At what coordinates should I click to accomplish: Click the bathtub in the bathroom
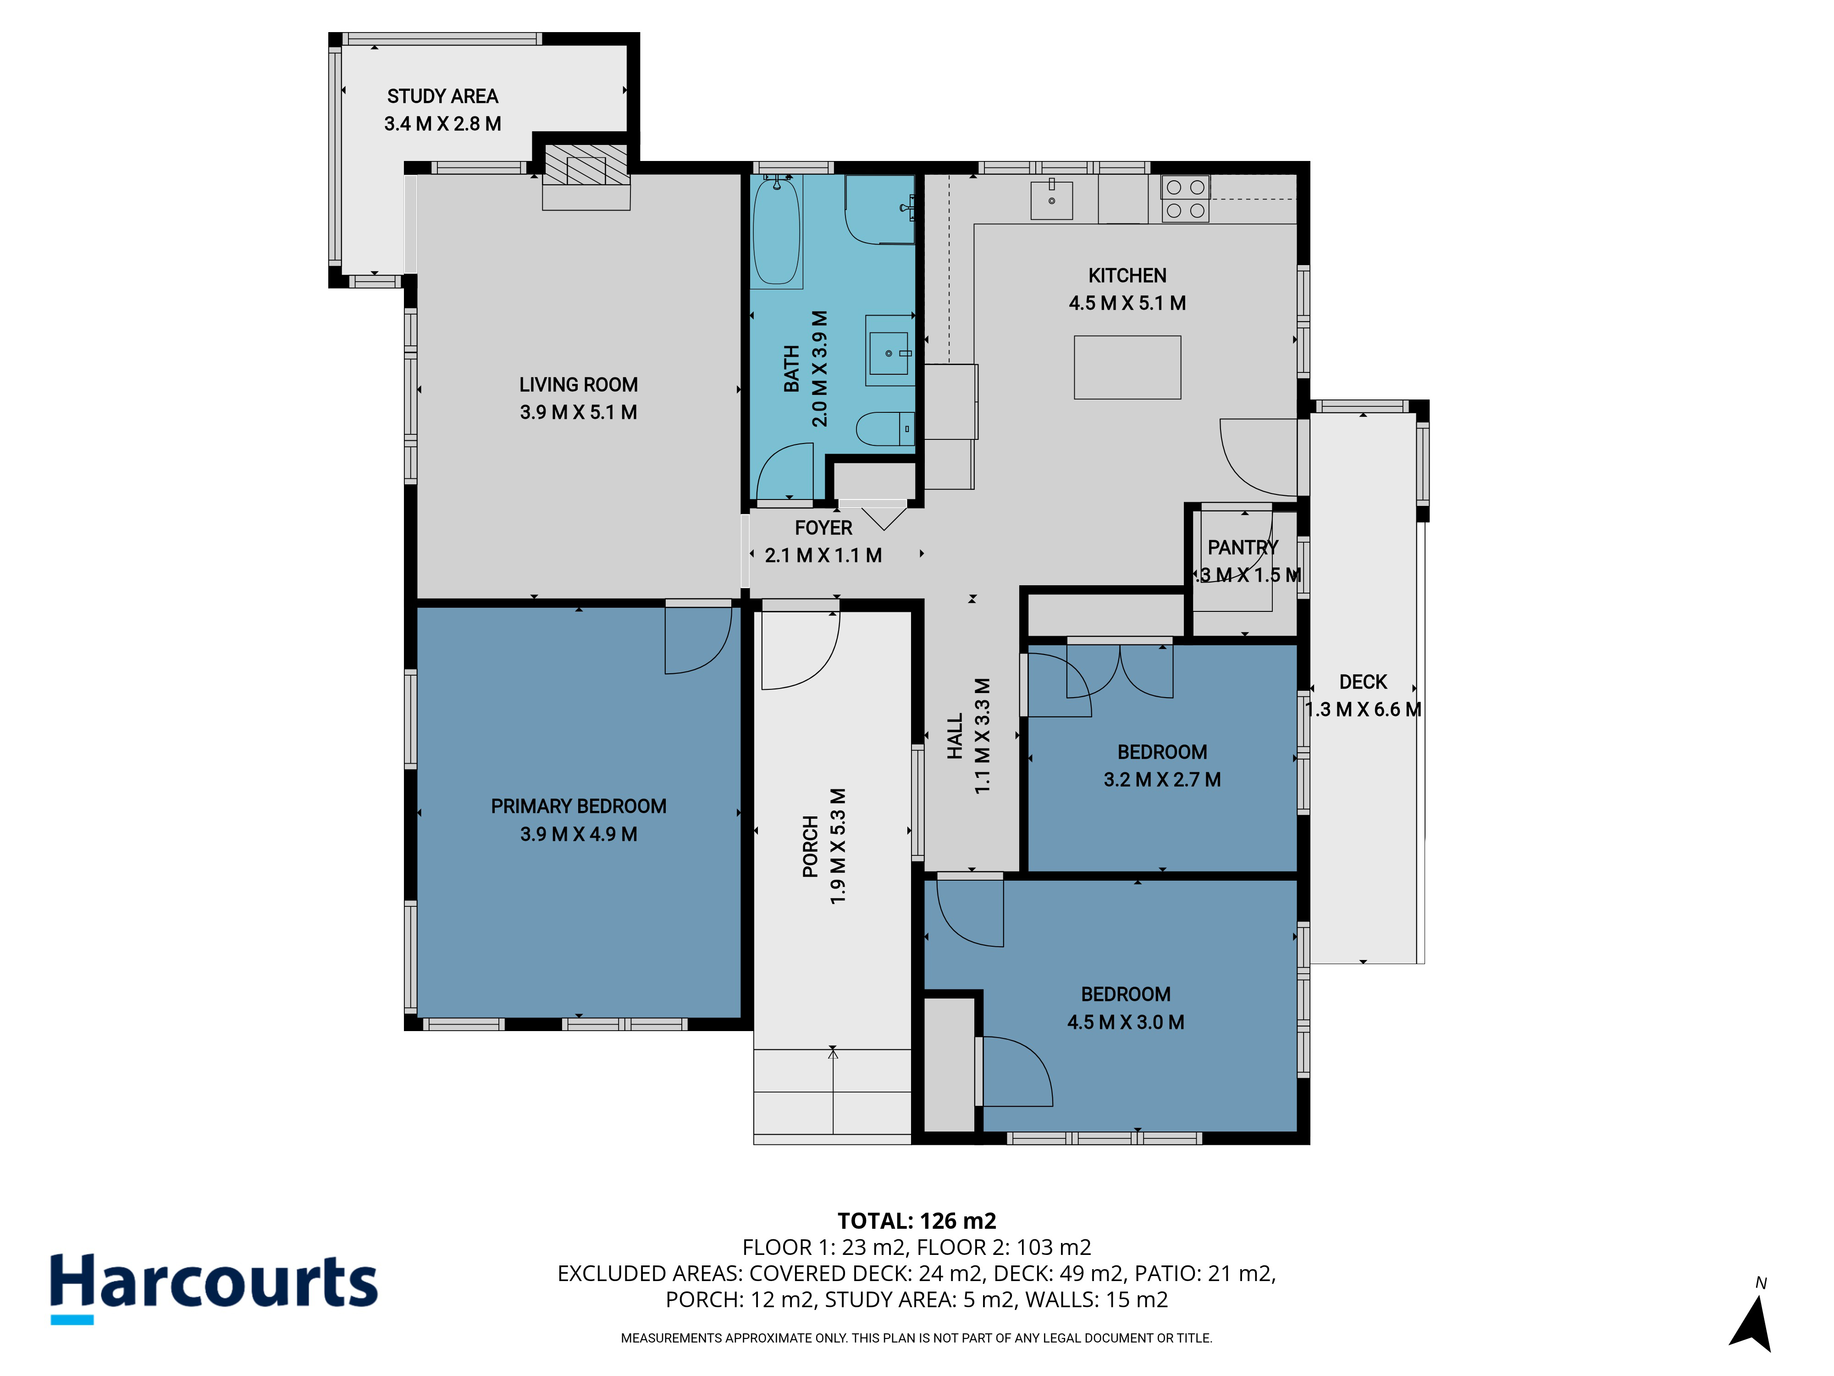pyautogui.click(x=777, y=232)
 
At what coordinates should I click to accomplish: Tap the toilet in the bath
pyautogui.click(x=884, y=429)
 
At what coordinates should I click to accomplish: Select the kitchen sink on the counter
pyautogui.click(x=1051, y=200)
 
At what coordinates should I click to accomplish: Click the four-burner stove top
pyautogui.click(x=1185, y=199)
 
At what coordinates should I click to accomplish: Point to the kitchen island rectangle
pyautogui.click(x=1127, y=367)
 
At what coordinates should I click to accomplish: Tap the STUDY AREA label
pyautogui.click(x=443, y=96)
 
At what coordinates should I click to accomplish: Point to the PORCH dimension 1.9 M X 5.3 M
pyautogui.click(x=838, y=846)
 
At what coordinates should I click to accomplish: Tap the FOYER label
pyautogui.click(x=823, y=527)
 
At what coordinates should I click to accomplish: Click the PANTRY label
pyautogui.click(x=1243, y=547)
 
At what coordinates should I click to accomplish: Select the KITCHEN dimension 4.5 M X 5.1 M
pyautogui.click(x=1127, y=303)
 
